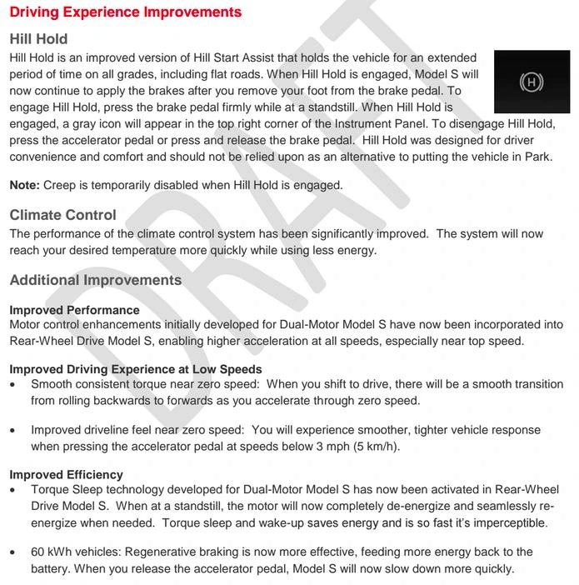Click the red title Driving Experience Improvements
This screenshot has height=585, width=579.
[126, 12]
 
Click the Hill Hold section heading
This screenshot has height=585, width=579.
[38, 39]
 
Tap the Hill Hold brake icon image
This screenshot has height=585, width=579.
[531, 82]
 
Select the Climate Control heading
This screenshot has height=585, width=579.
[63, 215]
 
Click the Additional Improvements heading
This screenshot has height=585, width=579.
[96, 280]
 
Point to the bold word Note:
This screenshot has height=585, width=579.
[24, 185]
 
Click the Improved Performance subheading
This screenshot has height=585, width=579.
[74, 310]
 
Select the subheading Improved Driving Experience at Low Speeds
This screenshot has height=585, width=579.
[136, 369]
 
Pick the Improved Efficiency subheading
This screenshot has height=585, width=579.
[66, 475]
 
